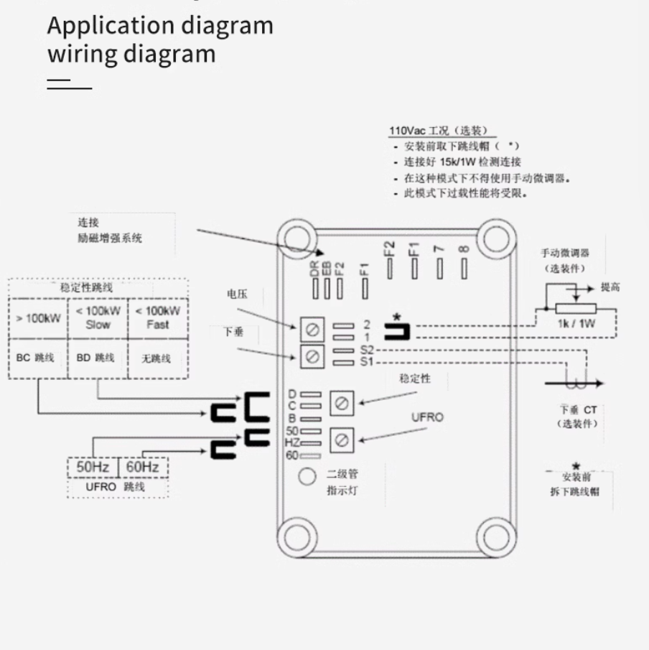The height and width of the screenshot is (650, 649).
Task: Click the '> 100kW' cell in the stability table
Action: pyautogui.click(x=38, y=317)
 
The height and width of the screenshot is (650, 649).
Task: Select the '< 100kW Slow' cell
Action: pyautogui.click(x=98, y=317)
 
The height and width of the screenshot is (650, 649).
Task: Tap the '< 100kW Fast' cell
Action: pyautogui.click(x=157, y=317)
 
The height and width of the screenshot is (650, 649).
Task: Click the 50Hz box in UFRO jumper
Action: pyautogui.click(x=93, y=467)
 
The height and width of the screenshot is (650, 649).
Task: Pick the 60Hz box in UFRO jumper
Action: pyautogui.click(x=142, y=467)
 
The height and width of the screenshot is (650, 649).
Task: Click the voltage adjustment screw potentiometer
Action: pyautogui.click(x=312, y=330)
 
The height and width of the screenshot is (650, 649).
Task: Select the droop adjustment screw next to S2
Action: pyautogui.click(x=312, y=356)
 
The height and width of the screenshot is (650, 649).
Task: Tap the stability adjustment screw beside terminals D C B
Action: pyautogui.click(x=342, y=404)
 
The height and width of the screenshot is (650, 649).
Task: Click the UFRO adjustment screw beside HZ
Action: pyautogui.click(x=342, y=439)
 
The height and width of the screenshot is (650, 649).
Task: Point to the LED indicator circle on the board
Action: pyautogui.click(x=307, y=476)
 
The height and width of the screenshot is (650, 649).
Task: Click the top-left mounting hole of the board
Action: pyautogui.click(x=297, y=236)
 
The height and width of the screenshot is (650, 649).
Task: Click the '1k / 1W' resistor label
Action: pyautogui.click(x=576, y=323)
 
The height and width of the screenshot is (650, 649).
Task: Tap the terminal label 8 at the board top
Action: pyautogui.click(x=464, y=249)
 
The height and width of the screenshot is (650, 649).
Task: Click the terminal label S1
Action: pyautogui.click(x=367, y=362)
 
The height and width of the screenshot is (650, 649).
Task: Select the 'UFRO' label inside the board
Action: pyautogui.click(x=427, y=417)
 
